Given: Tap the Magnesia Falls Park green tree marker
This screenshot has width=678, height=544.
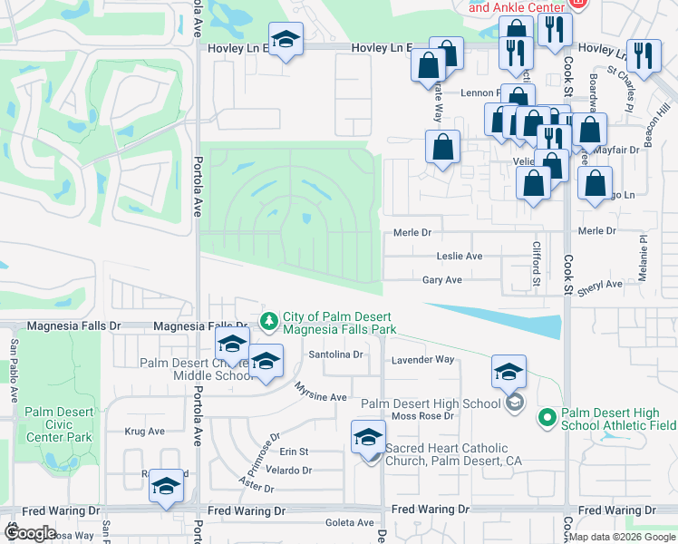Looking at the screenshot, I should (269, 321).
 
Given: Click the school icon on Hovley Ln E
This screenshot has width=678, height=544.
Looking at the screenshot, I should (286, 41).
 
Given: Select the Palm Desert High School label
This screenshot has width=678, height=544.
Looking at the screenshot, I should (431, 403).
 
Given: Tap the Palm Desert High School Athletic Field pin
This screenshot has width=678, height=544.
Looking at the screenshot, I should (547, 416).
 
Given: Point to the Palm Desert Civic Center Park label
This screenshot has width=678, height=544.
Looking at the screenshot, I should (58, 423).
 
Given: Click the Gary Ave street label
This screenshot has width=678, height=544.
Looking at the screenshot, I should (441, 281).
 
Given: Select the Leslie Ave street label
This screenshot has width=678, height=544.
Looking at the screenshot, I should (459, 257).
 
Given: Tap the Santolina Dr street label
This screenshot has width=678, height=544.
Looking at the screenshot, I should (335, 355).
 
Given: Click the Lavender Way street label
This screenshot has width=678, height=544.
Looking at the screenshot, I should (422, 360).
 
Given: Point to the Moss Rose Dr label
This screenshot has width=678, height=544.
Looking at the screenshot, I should (421, 416).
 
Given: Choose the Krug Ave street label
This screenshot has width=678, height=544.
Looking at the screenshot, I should (144, 432).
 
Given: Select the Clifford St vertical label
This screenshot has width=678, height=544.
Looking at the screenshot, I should (537, 264).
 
